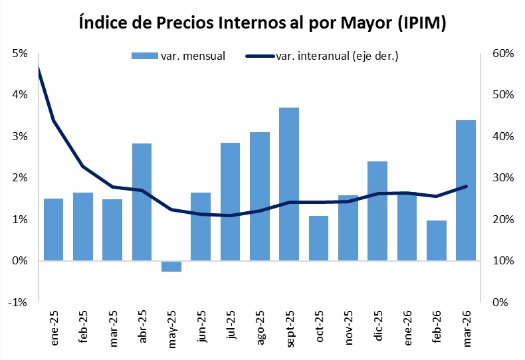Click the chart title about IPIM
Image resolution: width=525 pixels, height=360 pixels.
pos(262,24)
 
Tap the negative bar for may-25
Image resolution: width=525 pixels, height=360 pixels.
pos(171,266)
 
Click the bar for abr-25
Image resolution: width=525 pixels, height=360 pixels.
pos(142,202)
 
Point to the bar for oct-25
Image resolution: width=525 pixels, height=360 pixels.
pos(318,238)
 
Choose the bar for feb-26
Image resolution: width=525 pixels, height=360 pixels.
pos(436,240)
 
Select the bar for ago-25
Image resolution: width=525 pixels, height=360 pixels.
pos(259,197)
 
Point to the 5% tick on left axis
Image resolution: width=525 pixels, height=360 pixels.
pos(19,53)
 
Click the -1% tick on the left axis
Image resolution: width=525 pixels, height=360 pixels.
pos(18,302)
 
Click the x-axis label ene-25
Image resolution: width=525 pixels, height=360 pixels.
pos(54,327)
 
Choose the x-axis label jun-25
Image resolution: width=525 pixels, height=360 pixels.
pos(201,327)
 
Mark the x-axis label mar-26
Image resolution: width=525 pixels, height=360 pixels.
pos(465,327)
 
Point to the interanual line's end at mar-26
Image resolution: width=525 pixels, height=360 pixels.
pos(466,186)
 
